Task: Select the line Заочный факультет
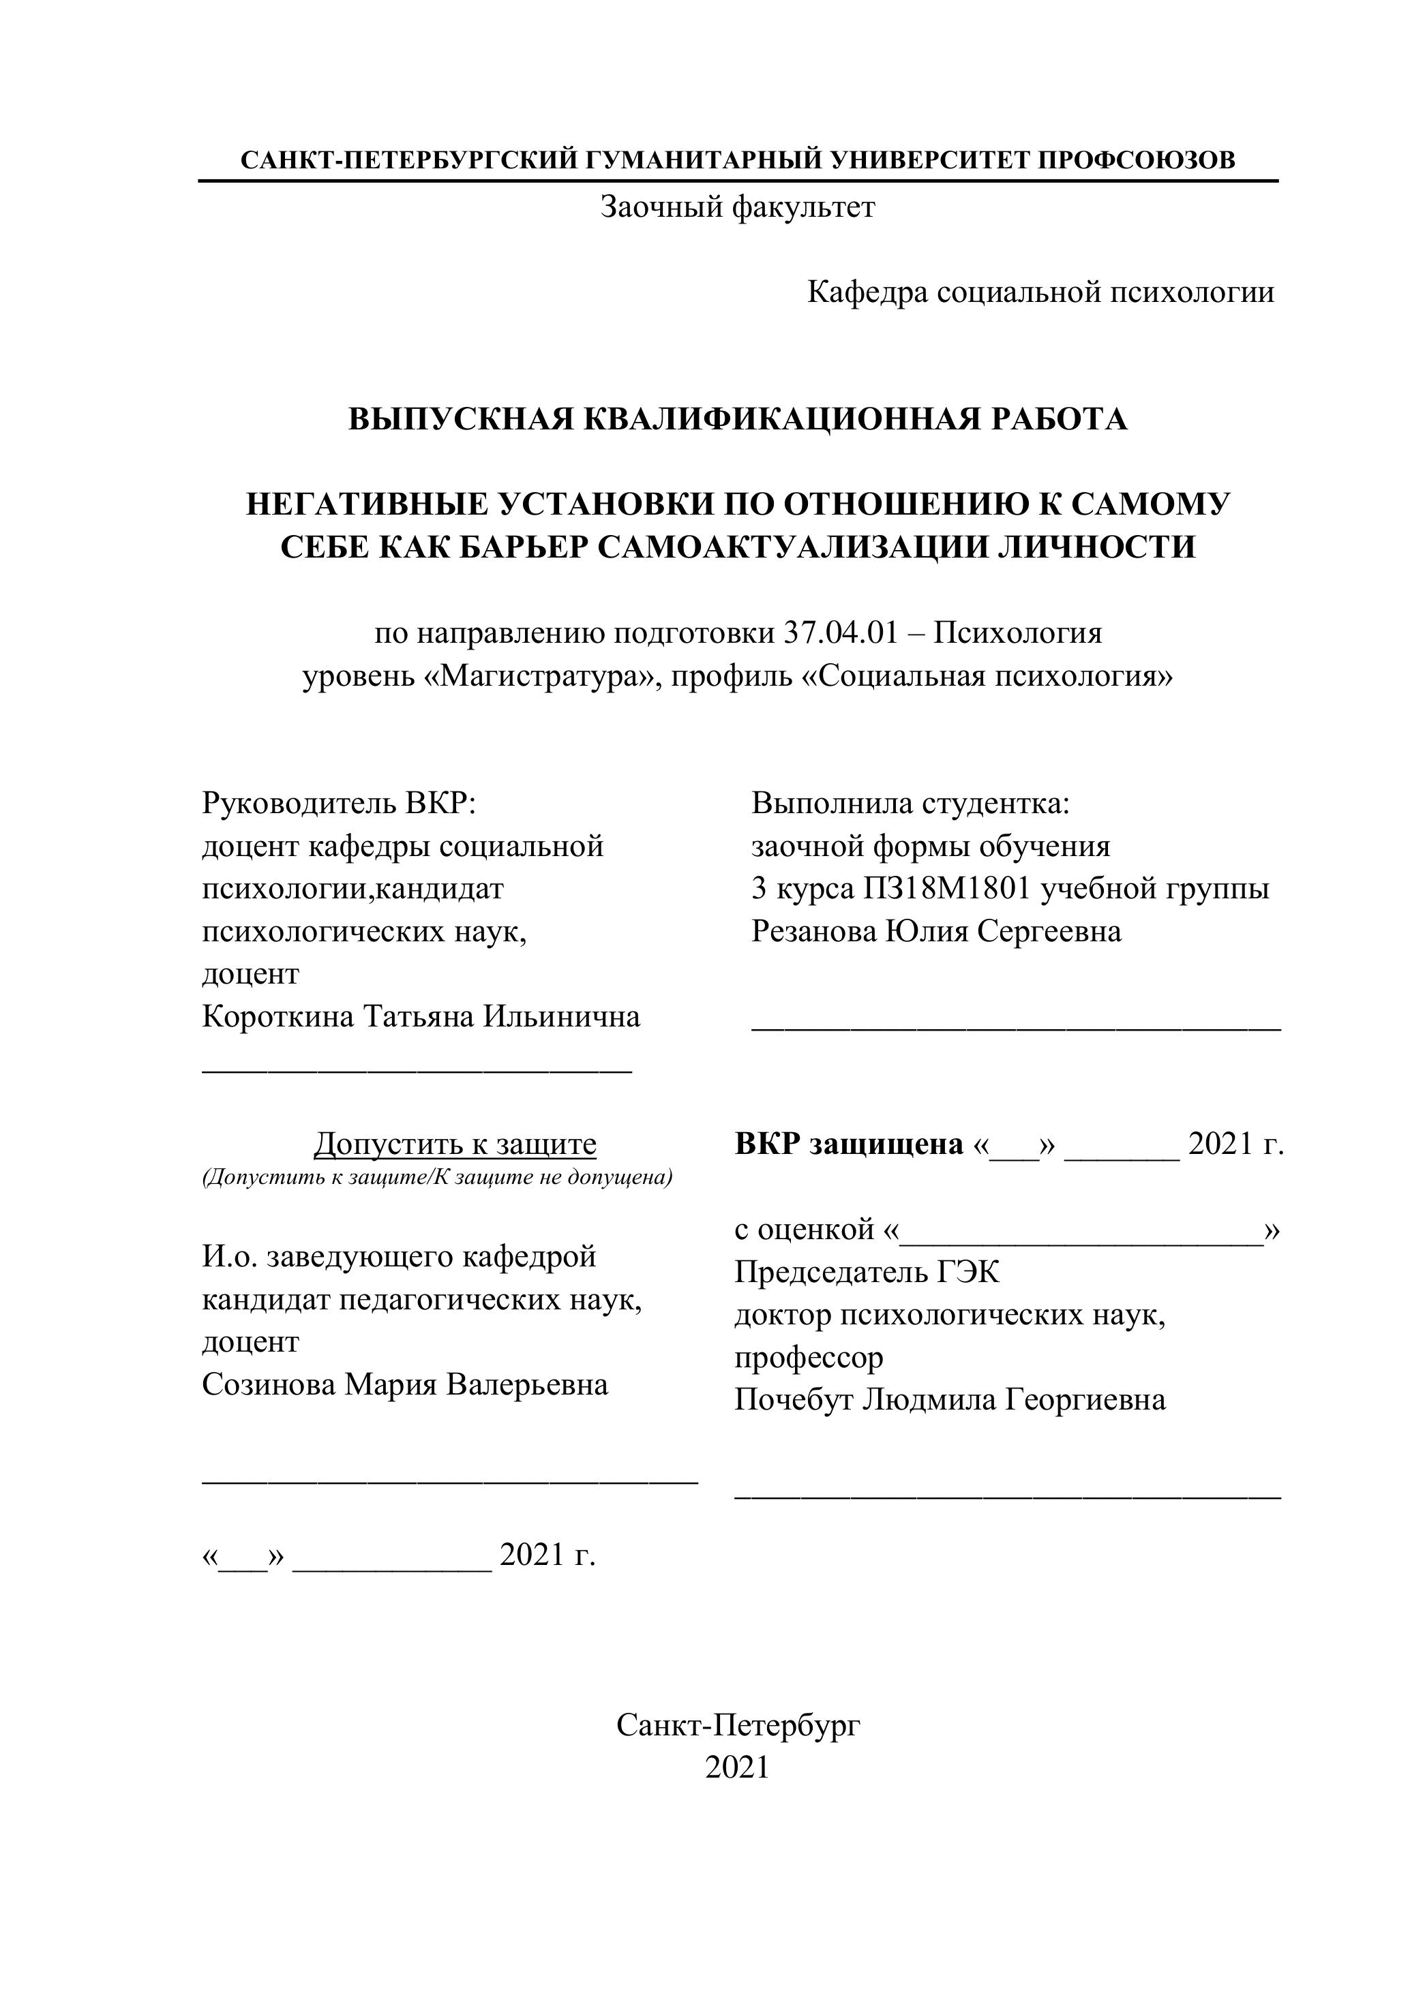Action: (x=737, y=207)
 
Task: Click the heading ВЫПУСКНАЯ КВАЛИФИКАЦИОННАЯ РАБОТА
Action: (x=737, y=419)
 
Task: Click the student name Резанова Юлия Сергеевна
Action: (x=936, y=931)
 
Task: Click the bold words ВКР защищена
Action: (x=848, y=1145)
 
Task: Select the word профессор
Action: (x=809, y=1358)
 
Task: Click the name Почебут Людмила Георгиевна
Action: (x=950, y=1400)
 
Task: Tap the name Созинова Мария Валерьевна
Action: (x=404, y=1384)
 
